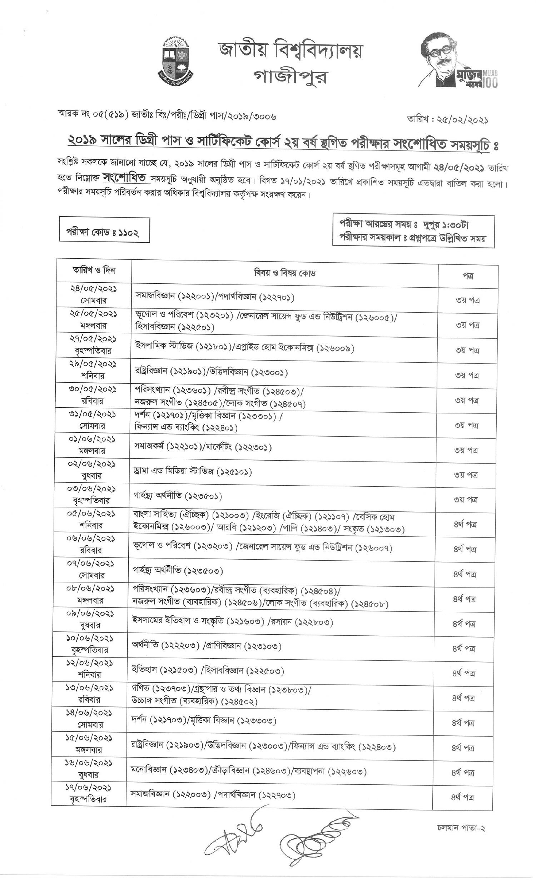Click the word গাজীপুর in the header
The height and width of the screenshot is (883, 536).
click(x=290, y=76)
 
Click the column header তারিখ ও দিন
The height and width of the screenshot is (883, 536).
click(x=94, y=271)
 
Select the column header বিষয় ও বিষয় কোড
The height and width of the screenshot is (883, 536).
click(x=284, y=273)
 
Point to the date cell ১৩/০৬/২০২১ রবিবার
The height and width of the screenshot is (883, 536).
click(x=90, y=694)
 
